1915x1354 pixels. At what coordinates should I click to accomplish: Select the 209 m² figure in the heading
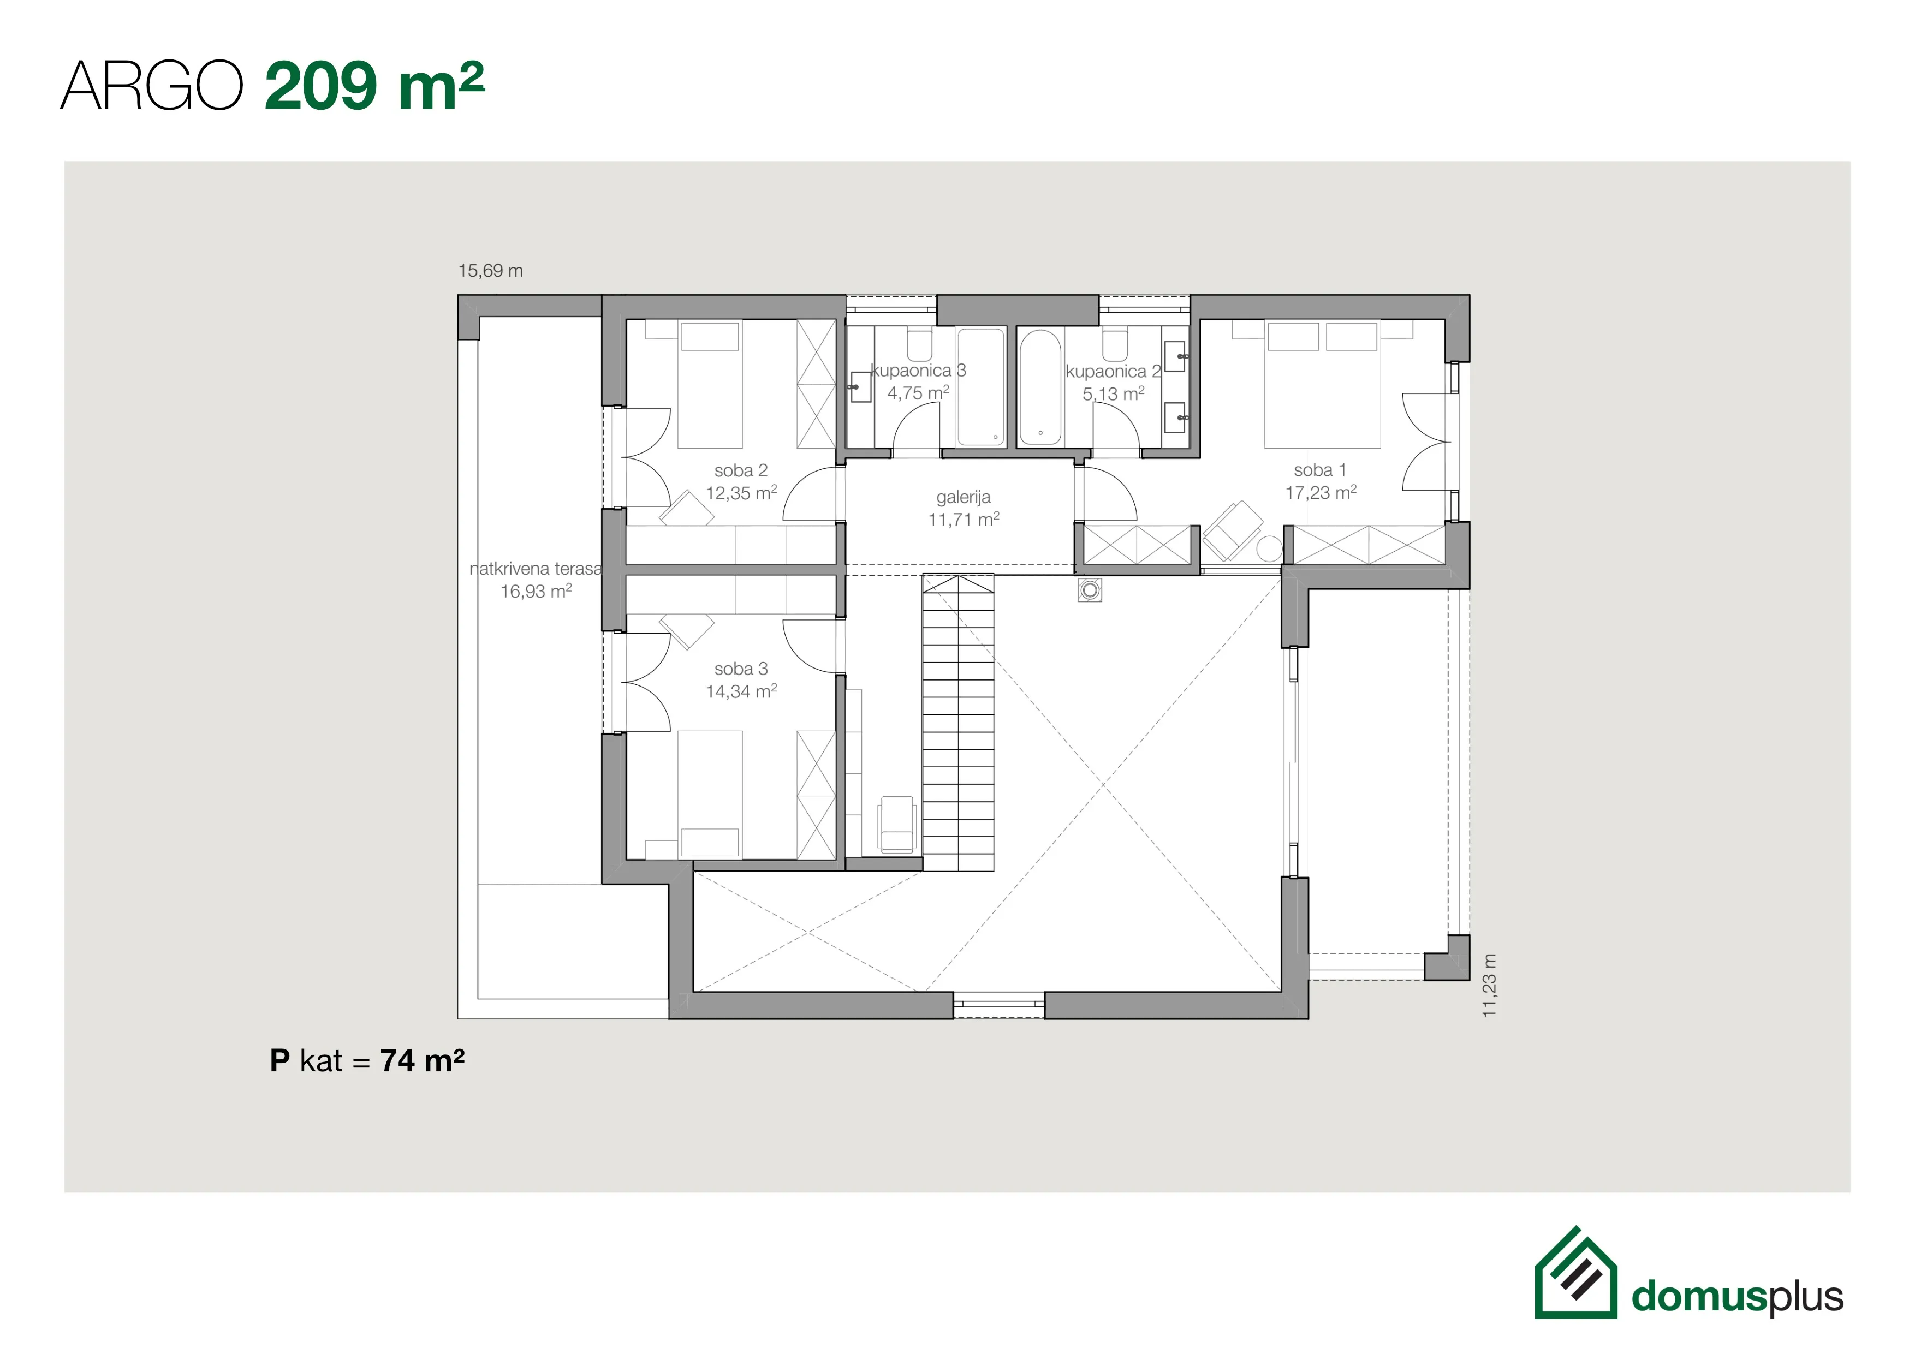click(374, 86)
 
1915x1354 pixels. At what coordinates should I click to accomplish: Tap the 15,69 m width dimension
click(490, 271)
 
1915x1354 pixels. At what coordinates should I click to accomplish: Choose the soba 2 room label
click(741, 471)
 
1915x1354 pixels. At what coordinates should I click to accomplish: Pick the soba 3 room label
click(741, 669)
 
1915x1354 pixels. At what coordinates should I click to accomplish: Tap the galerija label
click(964, 498)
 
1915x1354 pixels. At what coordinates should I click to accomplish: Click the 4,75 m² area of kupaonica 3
click(918, 393)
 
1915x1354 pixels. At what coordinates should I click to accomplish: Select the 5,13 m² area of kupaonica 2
click(1114, 393)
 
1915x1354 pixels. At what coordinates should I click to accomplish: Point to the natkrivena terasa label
click(536, 569)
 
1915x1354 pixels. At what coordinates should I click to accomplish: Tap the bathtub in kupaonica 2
click(1040, 387)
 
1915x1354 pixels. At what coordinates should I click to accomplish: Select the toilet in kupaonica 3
click(919, 344)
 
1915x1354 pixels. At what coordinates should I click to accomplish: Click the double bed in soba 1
click(1322, 384)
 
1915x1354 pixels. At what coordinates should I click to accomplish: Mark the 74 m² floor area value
click(422, 1060)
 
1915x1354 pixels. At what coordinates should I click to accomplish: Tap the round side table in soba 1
click(1269, 548)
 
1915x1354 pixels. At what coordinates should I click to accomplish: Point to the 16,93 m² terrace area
click(536, 591)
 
